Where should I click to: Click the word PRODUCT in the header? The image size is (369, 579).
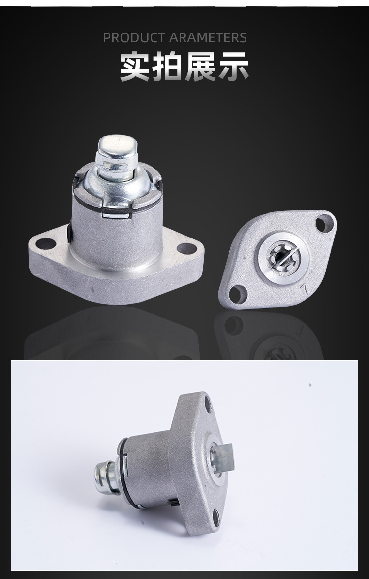pyautogui.click(x=134, y=37)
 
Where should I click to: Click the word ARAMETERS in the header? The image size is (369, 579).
pyautogui.click(x=208, y=37)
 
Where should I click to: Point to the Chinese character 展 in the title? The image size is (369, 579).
pyautogui.click(x=200, y=67)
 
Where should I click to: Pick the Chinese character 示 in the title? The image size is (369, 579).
pyautogui.click(x=233, y=67)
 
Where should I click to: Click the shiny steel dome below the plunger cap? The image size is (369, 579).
pyautogui.click(x=118, y=188)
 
